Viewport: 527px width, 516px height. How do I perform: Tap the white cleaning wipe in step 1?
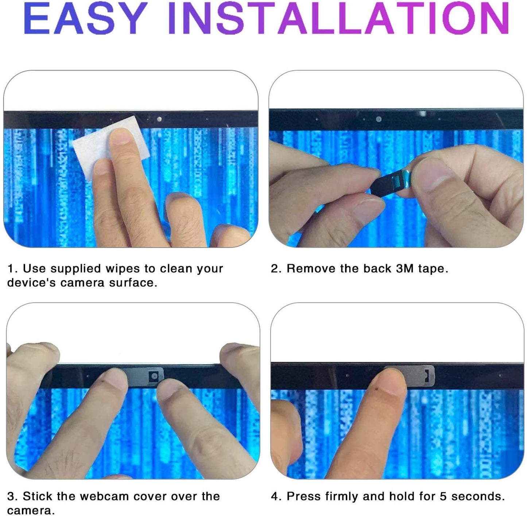[111, 147]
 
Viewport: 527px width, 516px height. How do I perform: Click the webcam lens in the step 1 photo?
[159, 119]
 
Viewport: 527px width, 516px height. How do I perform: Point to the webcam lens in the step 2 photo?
[379, 119]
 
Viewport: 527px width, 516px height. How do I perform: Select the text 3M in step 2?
[405, 268]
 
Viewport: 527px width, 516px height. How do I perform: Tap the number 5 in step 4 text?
[443, 496]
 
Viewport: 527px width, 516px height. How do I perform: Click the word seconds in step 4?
[477, 496]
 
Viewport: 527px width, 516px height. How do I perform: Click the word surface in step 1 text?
[133, 283]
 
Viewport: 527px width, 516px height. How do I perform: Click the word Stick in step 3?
[37, 496]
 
